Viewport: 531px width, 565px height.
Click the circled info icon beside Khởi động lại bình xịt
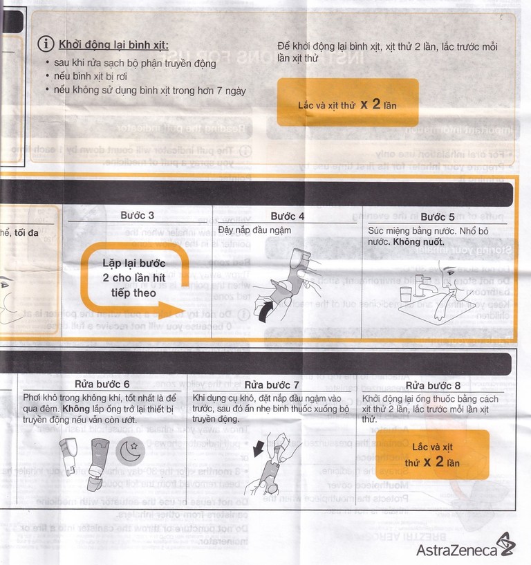pos(46,44)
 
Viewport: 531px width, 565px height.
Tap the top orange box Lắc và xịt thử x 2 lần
pos(348,102)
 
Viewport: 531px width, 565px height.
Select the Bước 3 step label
pos(137,216)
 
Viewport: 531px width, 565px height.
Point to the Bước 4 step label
pos(288,216)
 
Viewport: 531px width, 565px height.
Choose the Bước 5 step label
pos(437,216)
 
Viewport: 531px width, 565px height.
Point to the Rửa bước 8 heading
pos(433,385)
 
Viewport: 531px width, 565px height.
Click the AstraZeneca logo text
pos(456,550)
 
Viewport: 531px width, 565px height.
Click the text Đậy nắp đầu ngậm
pos(254,230)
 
